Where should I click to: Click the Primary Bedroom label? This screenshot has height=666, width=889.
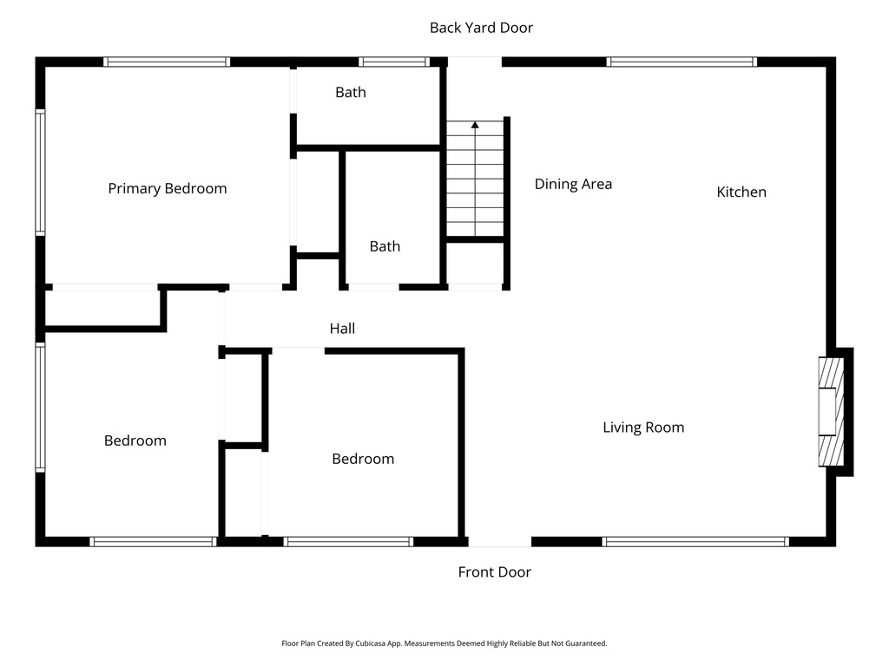point(167,188)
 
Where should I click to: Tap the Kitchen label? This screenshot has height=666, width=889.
point(741,192)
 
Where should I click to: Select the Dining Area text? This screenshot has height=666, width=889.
point(573,184)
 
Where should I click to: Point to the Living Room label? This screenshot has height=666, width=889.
point(643,427)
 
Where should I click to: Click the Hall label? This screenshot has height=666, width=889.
point(342,328)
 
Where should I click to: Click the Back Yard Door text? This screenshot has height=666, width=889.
point(481,28)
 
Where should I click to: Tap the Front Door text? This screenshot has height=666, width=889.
point(494,571)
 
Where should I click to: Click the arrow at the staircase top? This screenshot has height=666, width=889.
point(475,127)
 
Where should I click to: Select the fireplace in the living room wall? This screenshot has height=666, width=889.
point(831,412)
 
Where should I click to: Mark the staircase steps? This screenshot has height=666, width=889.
point(475,182)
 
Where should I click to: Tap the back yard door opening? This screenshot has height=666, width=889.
point(475,62)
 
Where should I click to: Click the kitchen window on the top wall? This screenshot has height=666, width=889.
point(682,62)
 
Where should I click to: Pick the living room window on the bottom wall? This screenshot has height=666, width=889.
point(695,541)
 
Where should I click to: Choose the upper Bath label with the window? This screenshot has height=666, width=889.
point(351,92)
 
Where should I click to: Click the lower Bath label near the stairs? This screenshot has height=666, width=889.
point(385,246)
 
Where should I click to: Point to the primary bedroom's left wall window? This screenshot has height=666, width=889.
point(40,172)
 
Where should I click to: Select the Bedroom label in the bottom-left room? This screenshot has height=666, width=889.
point(135,441)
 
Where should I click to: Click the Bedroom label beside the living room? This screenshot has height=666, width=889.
point(363,459)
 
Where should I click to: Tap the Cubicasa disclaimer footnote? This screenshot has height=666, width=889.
point(444,643)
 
